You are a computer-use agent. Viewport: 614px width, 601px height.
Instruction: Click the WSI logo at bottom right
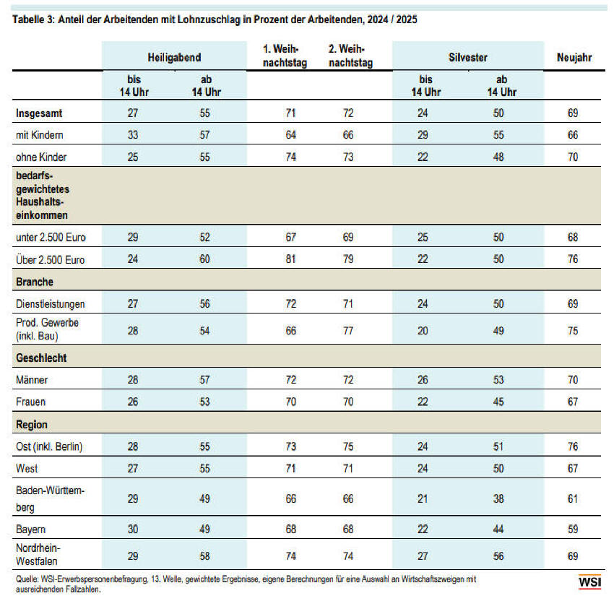point(589,581)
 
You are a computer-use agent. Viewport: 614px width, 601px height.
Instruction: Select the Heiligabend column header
point(174,58)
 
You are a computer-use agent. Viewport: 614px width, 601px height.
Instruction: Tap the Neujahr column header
point(574,58)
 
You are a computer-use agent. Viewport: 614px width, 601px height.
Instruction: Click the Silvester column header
point(468,58)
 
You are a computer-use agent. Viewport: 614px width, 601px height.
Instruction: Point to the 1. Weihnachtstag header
point(285,56)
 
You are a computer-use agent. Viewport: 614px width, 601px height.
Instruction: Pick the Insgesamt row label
point(39,113)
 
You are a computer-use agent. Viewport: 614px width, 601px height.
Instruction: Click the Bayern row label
point(30,529)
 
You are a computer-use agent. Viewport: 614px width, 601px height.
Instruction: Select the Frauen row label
point(30,402)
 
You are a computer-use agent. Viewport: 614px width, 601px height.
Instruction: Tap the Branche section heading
point(35,282)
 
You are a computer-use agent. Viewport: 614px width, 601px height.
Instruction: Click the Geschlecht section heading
point(41,358)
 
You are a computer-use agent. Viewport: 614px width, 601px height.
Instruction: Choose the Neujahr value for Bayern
point(573,529)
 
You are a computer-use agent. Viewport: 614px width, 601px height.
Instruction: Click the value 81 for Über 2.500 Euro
point(290,259)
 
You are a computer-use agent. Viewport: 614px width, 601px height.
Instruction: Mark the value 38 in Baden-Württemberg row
point(498,499)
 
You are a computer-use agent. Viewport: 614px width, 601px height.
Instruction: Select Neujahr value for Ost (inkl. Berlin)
point(573,446)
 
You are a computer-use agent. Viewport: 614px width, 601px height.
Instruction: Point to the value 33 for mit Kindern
point(133,135)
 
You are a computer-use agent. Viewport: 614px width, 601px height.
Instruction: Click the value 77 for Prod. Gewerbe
point(348,331)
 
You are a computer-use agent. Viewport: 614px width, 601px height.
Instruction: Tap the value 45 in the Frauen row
point(498,402)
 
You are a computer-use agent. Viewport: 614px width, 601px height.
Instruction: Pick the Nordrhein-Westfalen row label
point(38,554)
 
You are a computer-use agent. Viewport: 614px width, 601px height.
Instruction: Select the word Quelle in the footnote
point(27,579)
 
